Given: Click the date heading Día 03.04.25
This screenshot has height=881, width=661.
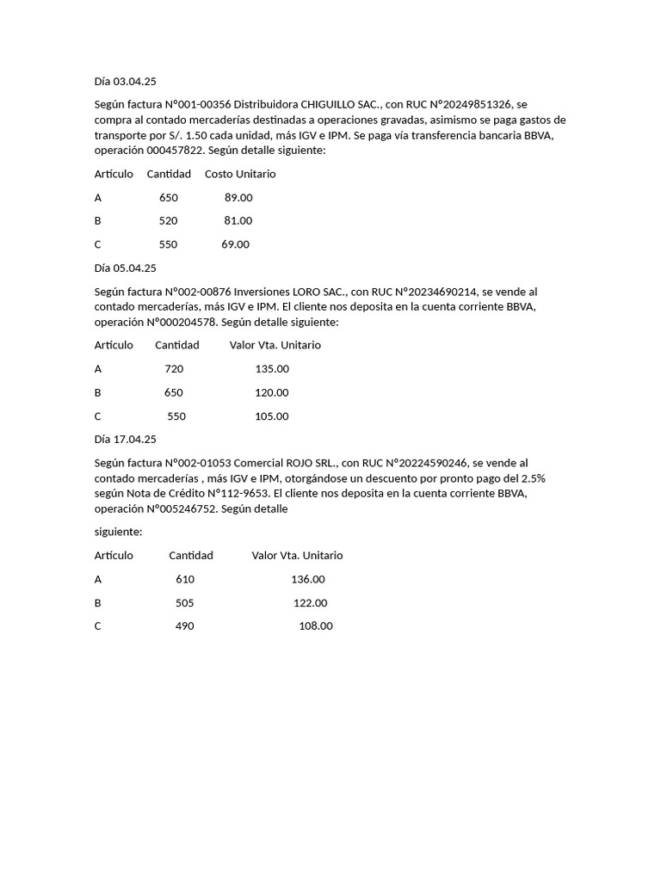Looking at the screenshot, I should (126, 81).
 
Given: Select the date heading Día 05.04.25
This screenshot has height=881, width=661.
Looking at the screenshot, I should (126, 268).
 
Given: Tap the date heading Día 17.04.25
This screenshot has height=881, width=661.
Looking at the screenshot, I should (126, 440).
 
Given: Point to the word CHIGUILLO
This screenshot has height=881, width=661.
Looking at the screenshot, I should (337, 104).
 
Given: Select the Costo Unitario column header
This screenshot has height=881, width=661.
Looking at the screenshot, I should (240, 174).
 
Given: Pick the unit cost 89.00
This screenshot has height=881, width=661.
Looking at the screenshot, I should (238, 198).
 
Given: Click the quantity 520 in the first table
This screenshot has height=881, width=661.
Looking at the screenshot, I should (168, 221).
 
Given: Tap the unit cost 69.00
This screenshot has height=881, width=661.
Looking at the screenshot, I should (235, 244).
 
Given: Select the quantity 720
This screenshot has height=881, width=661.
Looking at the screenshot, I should (174, 369).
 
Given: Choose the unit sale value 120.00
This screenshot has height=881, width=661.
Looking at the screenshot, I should (272, 392).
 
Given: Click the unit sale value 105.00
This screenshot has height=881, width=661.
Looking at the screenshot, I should (272, 416).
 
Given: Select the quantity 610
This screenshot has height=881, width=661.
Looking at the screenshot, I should (185, 580).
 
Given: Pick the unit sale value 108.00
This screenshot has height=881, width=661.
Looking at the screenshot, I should (315, 626).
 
